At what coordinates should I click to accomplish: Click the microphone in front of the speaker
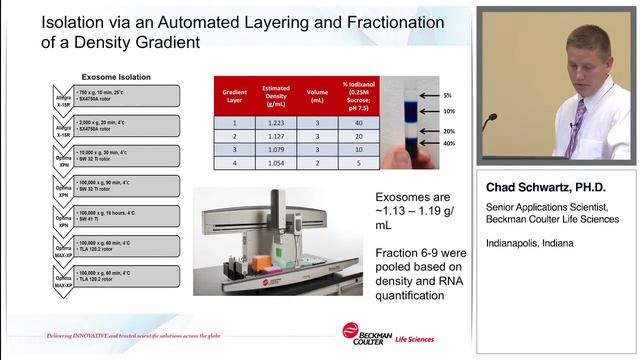489,121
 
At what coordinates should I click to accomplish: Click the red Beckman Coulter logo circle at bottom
351,331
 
